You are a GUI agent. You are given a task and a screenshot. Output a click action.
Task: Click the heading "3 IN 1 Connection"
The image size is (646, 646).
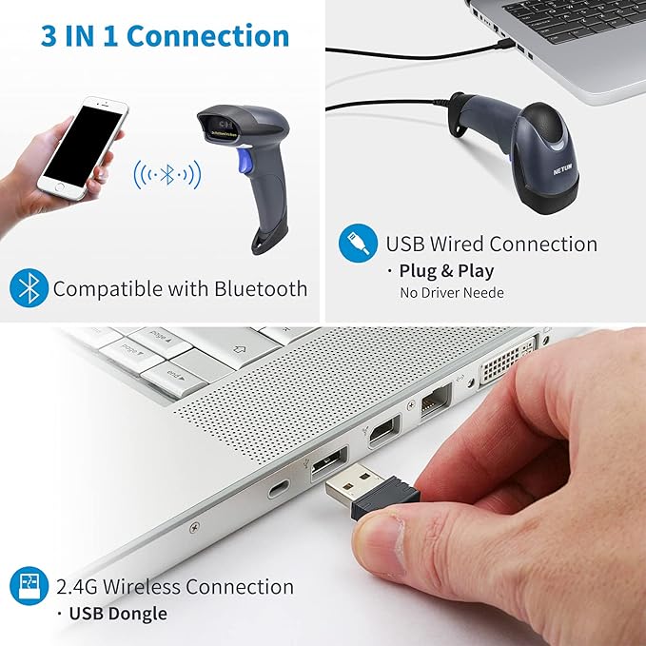click(x=165, y=36)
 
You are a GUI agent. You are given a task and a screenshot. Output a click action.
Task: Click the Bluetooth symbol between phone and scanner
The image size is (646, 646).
click(x=167, y=174)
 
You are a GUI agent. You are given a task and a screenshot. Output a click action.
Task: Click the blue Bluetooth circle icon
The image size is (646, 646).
click(x=28, y=288)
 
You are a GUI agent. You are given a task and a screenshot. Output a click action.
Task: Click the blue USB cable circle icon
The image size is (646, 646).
click(x=357, y=244)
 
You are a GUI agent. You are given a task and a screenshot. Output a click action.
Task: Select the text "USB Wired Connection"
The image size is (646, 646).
click(x=491, y=244)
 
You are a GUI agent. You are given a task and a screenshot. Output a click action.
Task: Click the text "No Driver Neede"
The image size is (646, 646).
click(x=451, y=293)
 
